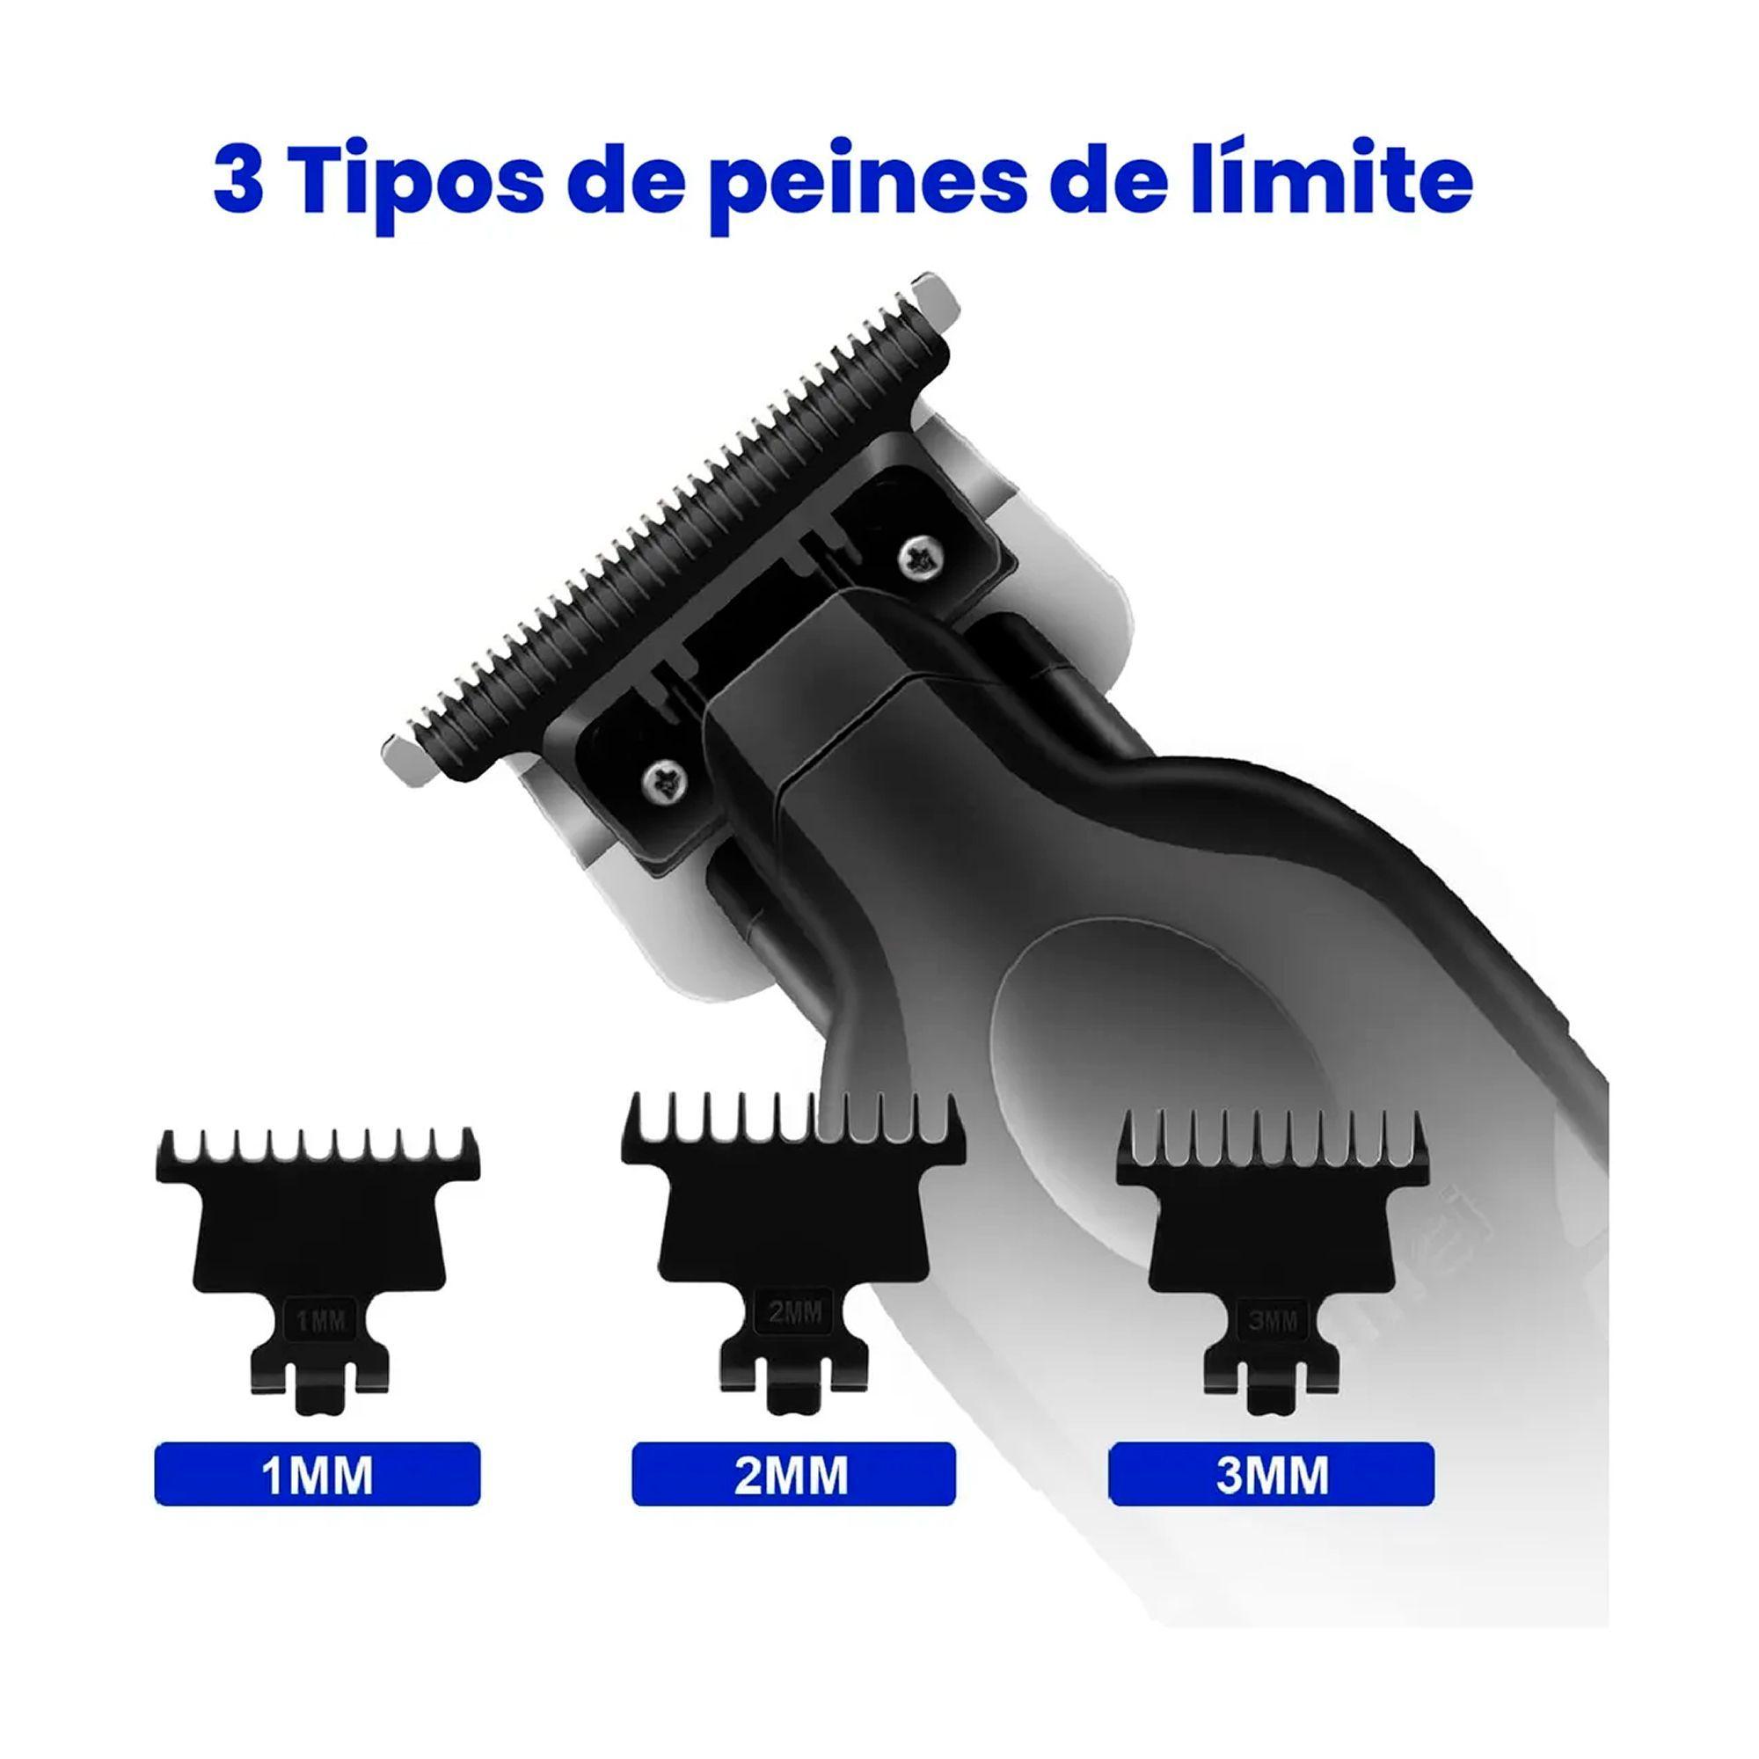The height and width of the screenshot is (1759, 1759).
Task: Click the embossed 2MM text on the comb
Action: (x=794, y=1312)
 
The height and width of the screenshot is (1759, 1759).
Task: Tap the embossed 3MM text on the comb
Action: (x=1272, y=1321)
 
